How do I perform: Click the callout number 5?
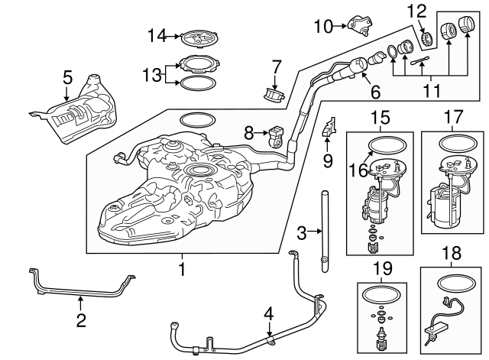(67, 76)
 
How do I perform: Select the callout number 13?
(153, 74)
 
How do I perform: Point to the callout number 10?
(321, 27)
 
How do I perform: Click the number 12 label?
(416, 11)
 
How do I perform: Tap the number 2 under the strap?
(81, 320)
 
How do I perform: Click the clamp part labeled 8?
(276, 138)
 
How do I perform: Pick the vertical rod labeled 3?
(324, 229)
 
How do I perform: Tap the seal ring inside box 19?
(380, 294)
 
